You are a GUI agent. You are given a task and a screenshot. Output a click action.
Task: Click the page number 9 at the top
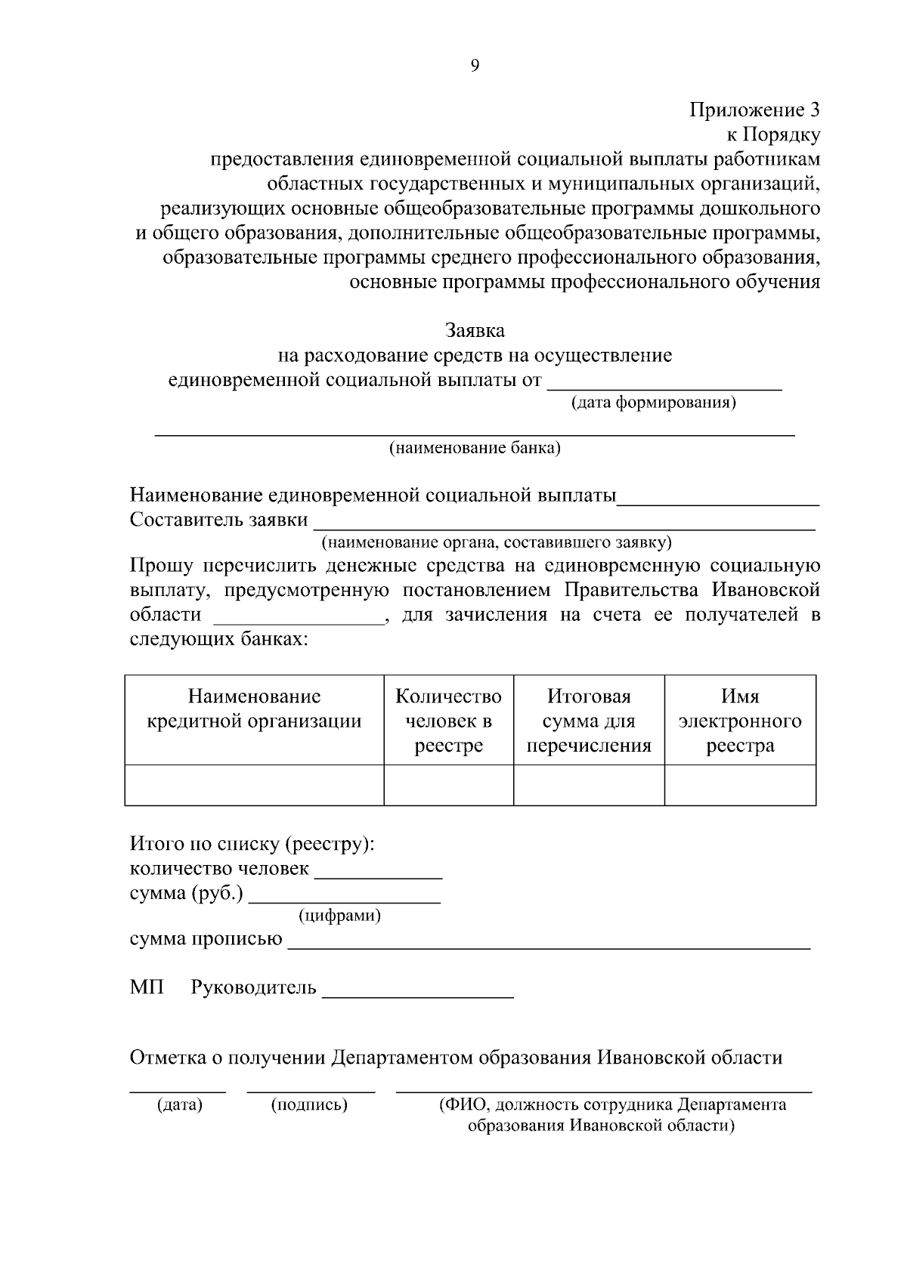coord(475,66)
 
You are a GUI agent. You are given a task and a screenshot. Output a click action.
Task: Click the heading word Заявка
coord(475,331)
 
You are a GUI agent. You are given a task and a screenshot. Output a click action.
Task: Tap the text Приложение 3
coord(754,110)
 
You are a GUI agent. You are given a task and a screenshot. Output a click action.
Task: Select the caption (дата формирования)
coord(653,403)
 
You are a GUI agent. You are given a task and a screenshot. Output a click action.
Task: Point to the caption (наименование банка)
coord(475,449)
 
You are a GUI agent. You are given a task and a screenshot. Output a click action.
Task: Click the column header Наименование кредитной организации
coord(254,709)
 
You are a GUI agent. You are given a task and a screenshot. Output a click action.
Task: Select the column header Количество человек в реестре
coord(448,721)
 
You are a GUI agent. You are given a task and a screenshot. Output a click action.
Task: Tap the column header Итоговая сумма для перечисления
coord(588,721)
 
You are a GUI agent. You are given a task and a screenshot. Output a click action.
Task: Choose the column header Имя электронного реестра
coord(739,721)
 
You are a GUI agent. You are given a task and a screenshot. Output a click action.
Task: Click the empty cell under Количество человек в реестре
coord(448,785)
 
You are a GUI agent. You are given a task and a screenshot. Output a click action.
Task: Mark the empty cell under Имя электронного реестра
coord(739,785)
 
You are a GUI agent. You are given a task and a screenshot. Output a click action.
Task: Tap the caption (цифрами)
coord(339,916)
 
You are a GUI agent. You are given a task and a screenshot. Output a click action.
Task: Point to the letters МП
coord(147,987)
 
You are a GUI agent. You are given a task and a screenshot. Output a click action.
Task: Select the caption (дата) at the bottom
coord(179,1105)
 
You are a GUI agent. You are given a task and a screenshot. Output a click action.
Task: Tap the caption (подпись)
coord(309,1105)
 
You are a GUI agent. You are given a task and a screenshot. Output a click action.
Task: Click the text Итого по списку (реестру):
coord(252,844)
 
